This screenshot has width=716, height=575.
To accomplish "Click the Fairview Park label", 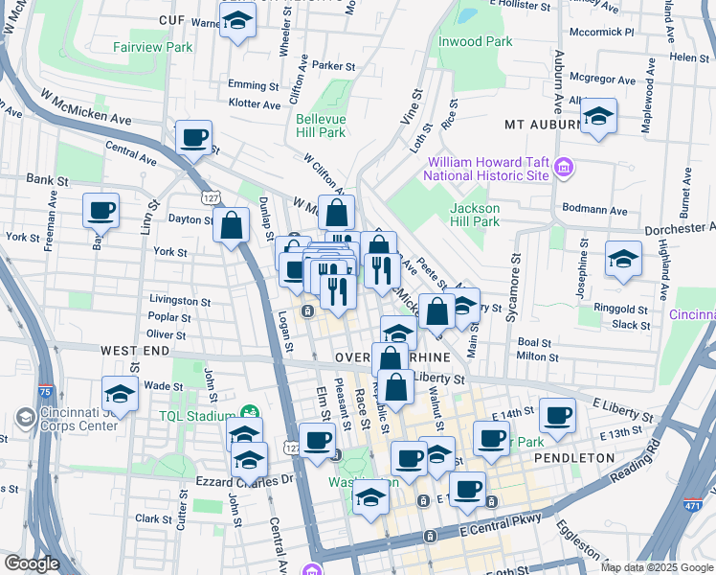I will (152, 47).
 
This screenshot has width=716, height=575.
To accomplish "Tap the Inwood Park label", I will (475, 41).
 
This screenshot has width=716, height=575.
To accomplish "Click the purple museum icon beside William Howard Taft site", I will (564, 169).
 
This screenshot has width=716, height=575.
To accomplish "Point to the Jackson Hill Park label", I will (475, 215).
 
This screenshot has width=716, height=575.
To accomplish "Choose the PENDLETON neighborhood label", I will (574, 458).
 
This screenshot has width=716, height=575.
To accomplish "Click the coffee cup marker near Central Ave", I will (194, 137).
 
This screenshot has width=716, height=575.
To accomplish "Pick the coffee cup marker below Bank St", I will (101, 210).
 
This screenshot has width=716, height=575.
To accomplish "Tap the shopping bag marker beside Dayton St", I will (232, 227).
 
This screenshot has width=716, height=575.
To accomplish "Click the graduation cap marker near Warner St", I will (236, 21).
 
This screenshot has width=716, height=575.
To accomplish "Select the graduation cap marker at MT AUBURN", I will (599, 117).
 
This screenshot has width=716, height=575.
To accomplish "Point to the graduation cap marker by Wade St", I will (120, 394).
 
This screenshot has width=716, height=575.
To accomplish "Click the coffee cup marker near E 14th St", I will (557, 415).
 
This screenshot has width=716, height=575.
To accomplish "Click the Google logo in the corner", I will (32, 563).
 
